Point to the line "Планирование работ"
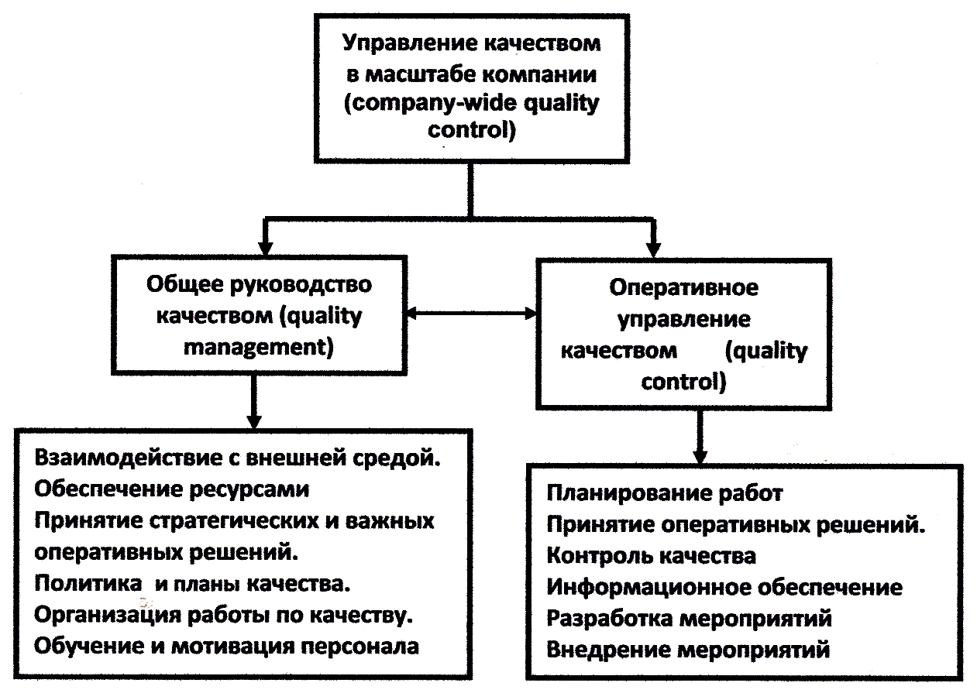click(665, 493)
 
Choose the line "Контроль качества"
click(651, 556)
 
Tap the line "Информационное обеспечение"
click(724, 588)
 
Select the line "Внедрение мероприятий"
click(688, 649)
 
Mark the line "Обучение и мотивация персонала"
click(227, 645)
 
